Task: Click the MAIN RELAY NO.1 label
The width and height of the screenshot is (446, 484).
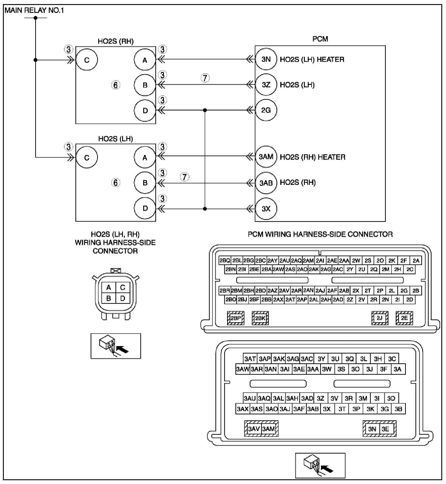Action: (34, 11)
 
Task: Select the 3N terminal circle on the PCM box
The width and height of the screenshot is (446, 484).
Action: (266, 59)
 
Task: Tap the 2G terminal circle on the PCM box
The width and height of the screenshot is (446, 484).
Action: (266, 110)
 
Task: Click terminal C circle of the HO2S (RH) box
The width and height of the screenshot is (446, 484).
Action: (87, 60)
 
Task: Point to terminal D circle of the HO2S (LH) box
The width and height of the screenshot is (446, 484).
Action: (145, 208)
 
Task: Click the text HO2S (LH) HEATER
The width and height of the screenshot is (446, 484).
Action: (312, 59)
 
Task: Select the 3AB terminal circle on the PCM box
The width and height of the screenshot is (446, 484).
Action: (266, 183)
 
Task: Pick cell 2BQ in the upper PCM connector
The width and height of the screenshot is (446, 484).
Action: (225, 260)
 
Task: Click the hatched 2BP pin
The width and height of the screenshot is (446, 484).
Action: (236, 318)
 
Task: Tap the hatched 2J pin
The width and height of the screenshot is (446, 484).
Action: (380, 318)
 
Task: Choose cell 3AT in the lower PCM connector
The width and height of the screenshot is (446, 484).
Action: (250, 359)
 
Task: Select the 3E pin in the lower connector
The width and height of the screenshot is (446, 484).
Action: (386, 429)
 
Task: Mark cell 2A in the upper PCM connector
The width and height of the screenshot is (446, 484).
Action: (416, 260)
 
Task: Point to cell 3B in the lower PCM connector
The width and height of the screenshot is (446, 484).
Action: (398, 409)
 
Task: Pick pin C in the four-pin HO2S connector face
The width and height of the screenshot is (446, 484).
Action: (122, 287)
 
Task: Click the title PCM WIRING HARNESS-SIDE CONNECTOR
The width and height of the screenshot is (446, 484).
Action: (320, 234)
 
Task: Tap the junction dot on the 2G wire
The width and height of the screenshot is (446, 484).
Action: (205, 110)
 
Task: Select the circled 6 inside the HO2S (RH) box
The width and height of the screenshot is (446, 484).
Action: (116, 85)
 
